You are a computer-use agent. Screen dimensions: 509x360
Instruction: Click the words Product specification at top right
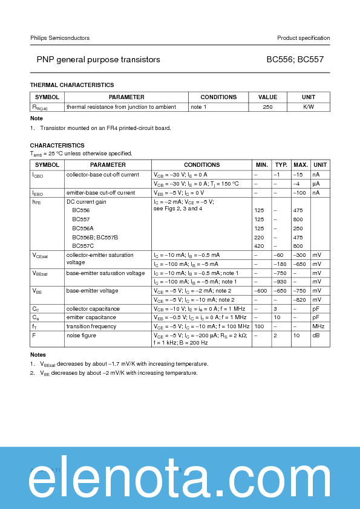coord(303,38)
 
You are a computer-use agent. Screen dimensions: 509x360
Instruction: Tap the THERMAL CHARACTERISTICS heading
coord(72,85)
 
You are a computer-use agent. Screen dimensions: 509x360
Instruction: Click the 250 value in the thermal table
coord(267,107)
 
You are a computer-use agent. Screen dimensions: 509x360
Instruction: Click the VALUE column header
coord(267,97)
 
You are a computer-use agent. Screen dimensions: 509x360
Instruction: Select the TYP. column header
coord(281,165)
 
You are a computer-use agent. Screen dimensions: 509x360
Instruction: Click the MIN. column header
coord(262,165)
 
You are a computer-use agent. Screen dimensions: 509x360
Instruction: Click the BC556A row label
coord(83,229)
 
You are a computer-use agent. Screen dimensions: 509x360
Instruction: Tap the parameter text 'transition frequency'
coord(90,326)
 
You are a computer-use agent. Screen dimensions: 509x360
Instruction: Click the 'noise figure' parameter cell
coord(82,334)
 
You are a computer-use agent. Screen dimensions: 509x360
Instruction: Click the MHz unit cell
coord(318,326)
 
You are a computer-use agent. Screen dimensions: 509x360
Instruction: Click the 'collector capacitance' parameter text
coord(93,308)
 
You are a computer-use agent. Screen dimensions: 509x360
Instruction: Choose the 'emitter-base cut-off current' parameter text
coord(100,193)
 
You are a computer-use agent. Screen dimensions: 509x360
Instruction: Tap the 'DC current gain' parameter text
coord(86,202)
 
